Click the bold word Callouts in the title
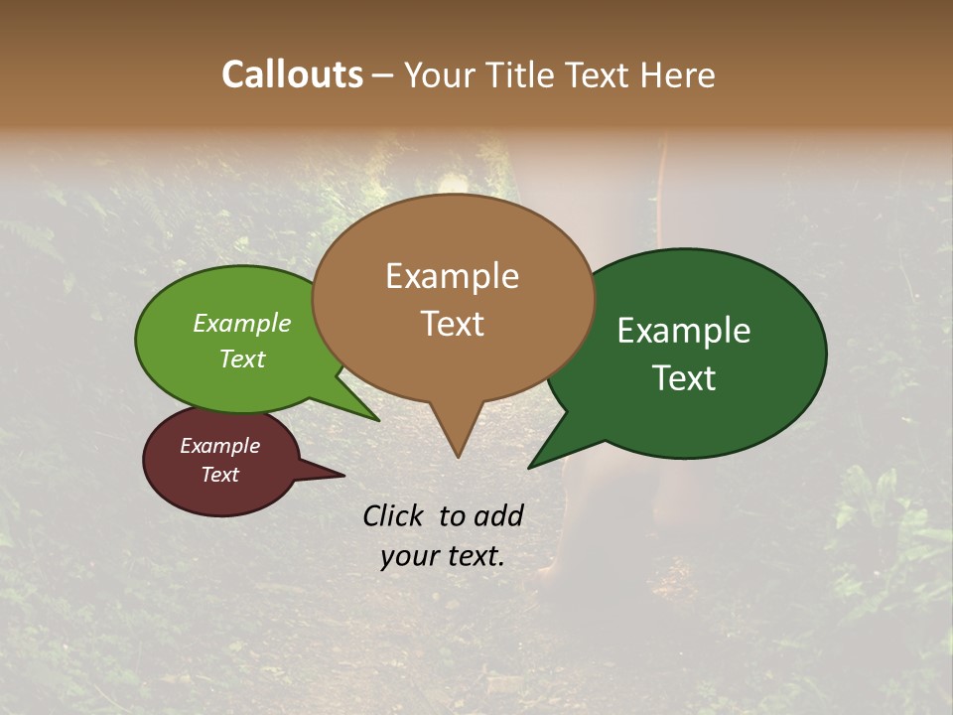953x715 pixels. pyautogui.click(x=292, y=74)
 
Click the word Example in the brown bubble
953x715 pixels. pyautogui.click(x=452, y=277)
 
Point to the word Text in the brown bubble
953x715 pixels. pyautogui.click(x=452, y=324)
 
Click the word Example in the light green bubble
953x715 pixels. pyautogui.click(x=242, y=323)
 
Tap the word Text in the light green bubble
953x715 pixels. pyautogui.click(x=242, y=358)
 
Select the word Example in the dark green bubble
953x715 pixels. pyautogui.click(x=684, y=331)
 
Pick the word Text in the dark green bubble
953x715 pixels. pyautogui.click(x=684, y=377)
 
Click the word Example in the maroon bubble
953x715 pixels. pyautogui.click(x=219, y=446)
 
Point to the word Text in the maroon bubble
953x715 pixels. pyautogui.click(x=219, y=475)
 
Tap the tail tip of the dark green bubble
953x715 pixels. pyautogui.click(x=530, y=467)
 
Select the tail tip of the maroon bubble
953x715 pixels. pyautogui.click(x=343, y=475)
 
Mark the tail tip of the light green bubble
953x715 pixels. pyautogui.click(x=378, y=420)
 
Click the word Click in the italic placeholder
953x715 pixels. pyautogui.click(x=395, y=515)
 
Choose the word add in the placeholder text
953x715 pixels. pyautogui.click(x=497, y=515)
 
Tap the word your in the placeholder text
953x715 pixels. pyautogui.click(x=409, y=557)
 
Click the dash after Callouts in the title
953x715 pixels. pyautogui.click(x=384, y=76)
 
